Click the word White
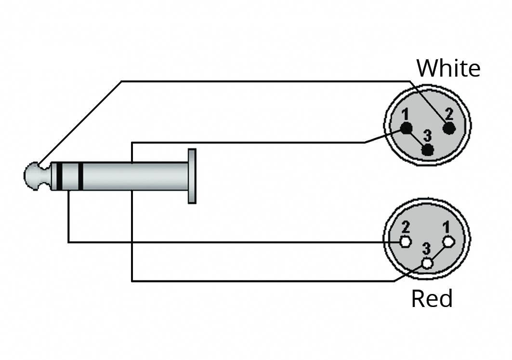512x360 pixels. (448, 68)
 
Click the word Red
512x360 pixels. (432, 299)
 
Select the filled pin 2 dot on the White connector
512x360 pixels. (450, 128)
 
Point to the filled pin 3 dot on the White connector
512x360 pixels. (427, 150)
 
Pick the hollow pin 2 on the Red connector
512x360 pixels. (405, 241)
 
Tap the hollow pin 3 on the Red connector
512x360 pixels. (427, 263)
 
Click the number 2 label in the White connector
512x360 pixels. (449, 114)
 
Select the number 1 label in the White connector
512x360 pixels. (405, 115)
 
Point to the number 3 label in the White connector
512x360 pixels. (427, 136)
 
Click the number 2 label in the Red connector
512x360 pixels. (406, 227)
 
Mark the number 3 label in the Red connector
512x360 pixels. (426, 249)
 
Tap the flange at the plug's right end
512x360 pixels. (192, 176)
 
